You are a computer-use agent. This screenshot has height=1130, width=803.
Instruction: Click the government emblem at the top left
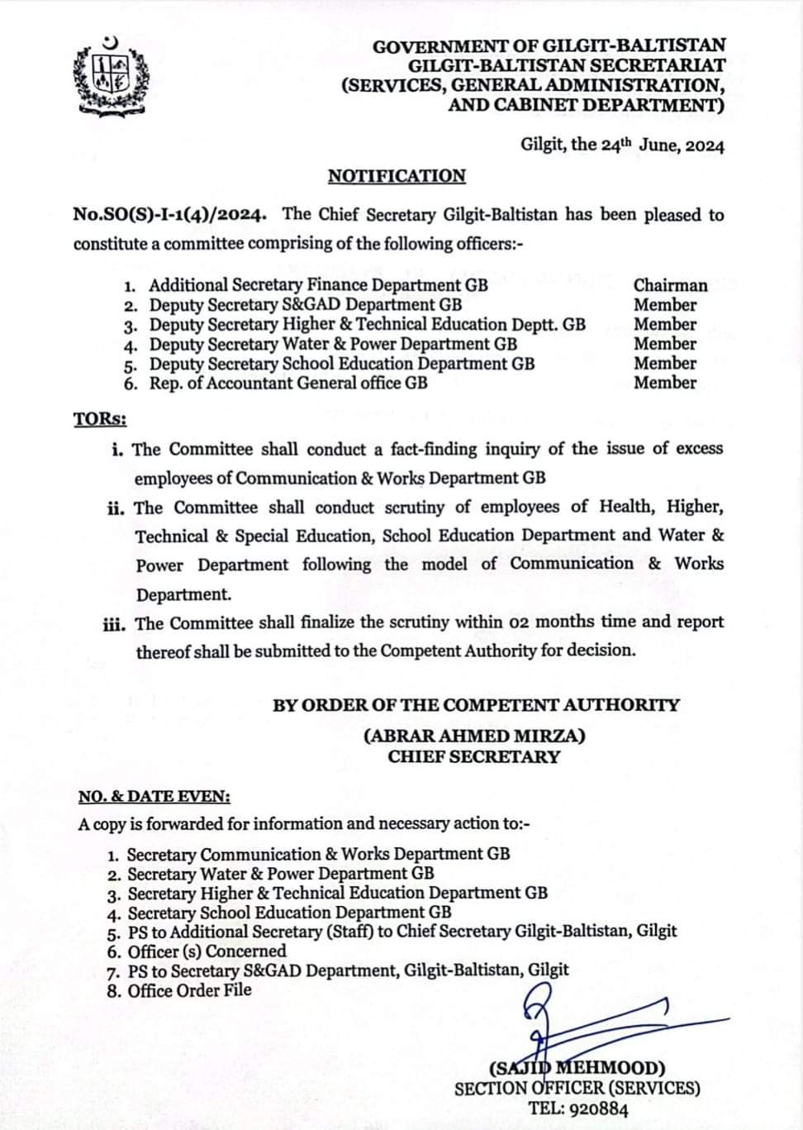(112, 77)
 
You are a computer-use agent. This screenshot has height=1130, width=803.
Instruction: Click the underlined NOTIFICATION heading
(397, 176)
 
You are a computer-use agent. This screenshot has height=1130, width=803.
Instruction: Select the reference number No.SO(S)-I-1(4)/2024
(170, 215)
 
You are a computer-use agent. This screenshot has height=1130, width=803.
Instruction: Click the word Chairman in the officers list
(670, 285)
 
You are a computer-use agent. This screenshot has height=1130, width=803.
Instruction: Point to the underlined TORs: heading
(100, 419)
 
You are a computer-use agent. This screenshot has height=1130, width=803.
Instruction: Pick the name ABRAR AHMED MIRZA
(474, 736)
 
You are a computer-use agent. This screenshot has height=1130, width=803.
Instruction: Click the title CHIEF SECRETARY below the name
(474, 756)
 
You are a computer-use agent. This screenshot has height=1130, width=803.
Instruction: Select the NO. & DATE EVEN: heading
(154, 797)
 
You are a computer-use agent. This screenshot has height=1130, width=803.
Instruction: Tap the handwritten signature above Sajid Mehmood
(578, 1025)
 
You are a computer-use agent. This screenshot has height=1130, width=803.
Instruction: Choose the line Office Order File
(189, 990)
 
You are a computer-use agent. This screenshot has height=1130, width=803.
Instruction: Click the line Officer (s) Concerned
(207, 951)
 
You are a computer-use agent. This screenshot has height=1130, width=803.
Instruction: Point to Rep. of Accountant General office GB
(288, 383)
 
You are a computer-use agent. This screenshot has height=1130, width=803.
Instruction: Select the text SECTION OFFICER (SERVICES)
(577, 1089)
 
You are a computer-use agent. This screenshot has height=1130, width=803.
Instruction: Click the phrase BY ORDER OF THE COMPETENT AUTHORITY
(476, 706)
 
